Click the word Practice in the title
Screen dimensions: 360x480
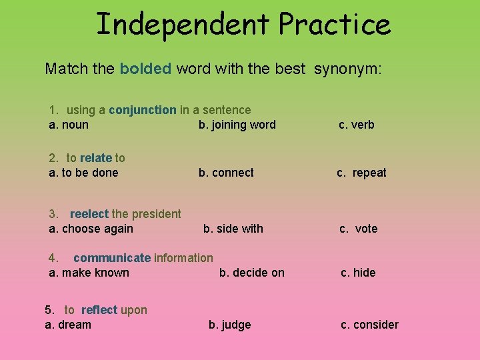pos(334,25)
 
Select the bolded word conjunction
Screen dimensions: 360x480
pos(143,110)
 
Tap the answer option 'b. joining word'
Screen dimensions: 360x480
pos(237,125)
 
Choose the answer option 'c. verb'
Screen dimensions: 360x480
pos(357,125)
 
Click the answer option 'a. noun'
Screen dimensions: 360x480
pos(69,125)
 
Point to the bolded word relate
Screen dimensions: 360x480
pos(95,158)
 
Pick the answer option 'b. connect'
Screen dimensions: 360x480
pos(226,173)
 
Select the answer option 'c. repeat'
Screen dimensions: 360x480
pos(361,173)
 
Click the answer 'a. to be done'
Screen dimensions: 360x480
pos(83,173)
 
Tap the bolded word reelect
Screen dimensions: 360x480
pos(89,214)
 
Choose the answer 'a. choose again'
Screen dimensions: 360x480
pos(91,229)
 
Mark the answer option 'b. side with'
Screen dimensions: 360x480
pos(233,229)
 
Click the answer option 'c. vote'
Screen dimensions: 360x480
pos(359,229)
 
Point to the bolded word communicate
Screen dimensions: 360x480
pos(112,258)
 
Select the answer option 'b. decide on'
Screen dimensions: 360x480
pos(252,273)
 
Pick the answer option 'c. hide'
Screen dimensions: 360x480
pos(358,273)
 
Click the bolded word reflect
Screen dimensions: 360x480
pos(99,310)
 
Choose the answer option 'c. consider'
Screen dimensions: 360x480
pos(369,325)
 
